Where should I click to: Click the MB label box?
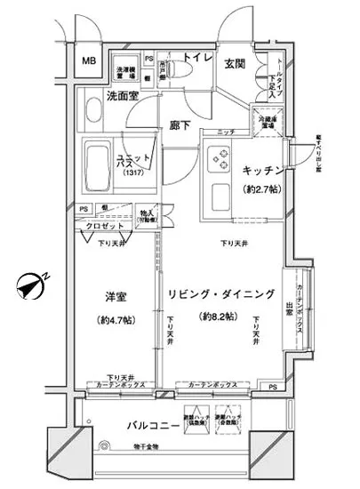click(89, 60)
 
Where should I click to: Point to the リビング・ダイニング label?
click(218, 293)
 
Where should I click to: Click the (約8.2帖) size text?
click(217, 317)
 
